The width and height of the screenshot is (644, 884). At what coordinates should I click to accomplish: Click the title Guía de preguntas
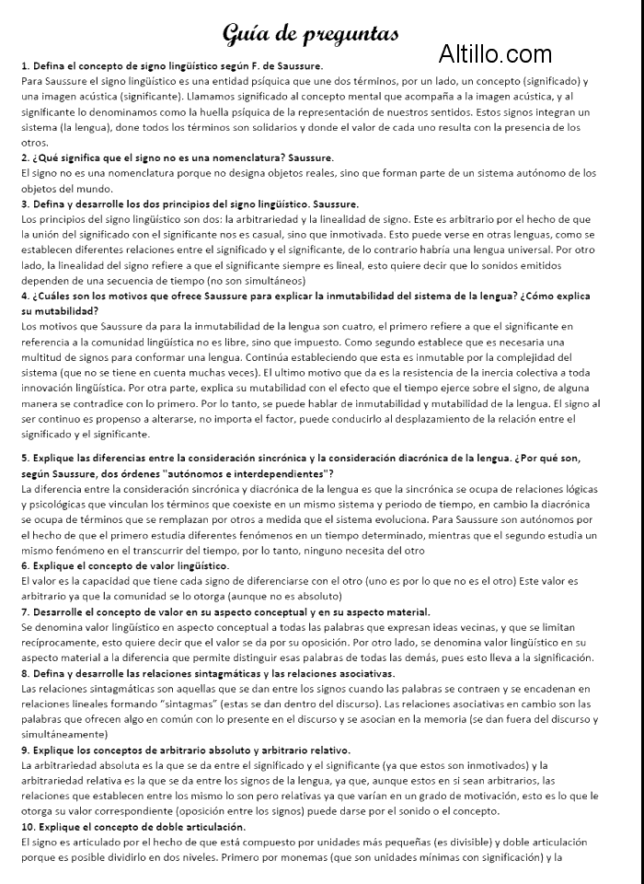coord(311,34)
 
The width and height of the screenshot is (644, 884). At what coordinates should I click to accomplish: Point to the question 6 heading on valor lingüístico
coord(124,564)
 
